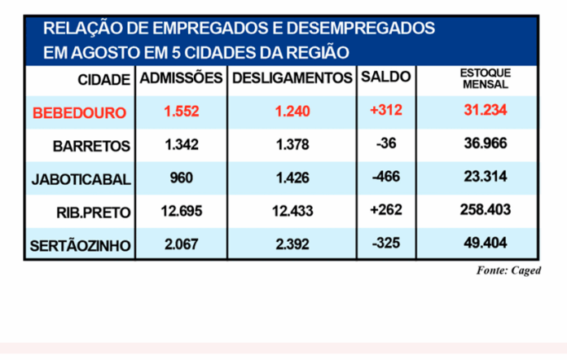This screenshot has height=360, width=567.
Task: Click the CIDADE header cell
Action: pyautogui.click(x=103, y=80)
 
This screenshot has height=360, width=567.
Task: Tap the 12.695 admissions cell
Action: pyautogui.click(x=181, y=209)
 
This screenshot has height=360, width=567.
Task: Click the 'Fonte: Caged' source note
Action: pyautogui.click(x=508, y=270)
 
